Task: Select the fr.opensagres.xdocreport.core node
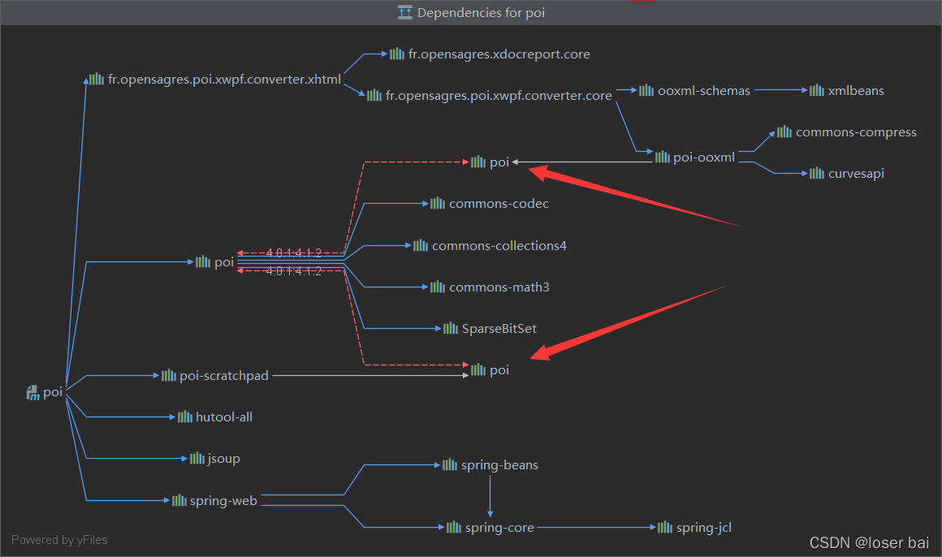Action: (499, 54)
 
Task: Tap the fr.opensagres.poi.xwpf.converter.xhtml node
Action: (224, 80)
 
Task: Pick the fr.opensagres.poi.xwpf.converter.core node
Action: (499, 96)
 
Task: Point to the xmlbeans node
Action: (856, 90)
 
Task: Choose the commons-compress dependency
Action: (856, 132)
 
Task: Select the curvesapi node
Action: (856, 173)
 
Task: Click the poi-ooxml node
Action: (703, 158)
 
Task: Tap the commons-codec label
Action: (499, 203)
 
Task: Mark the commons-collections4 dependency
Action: (499, 245)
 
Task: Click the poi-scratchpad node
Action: (223, 375)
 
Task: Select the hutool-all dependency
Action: (223, 417)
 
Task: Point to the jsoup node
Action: (223, 458)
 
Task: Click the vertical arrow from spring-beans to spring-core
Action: (490, 496)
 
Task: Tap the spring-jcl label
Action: (703, 528)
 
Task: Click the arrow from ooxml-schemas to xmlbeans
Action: (780, 90)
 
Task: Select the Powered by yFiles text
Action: (59, 539)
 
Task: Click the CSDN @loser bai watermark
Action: (869, 542)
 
